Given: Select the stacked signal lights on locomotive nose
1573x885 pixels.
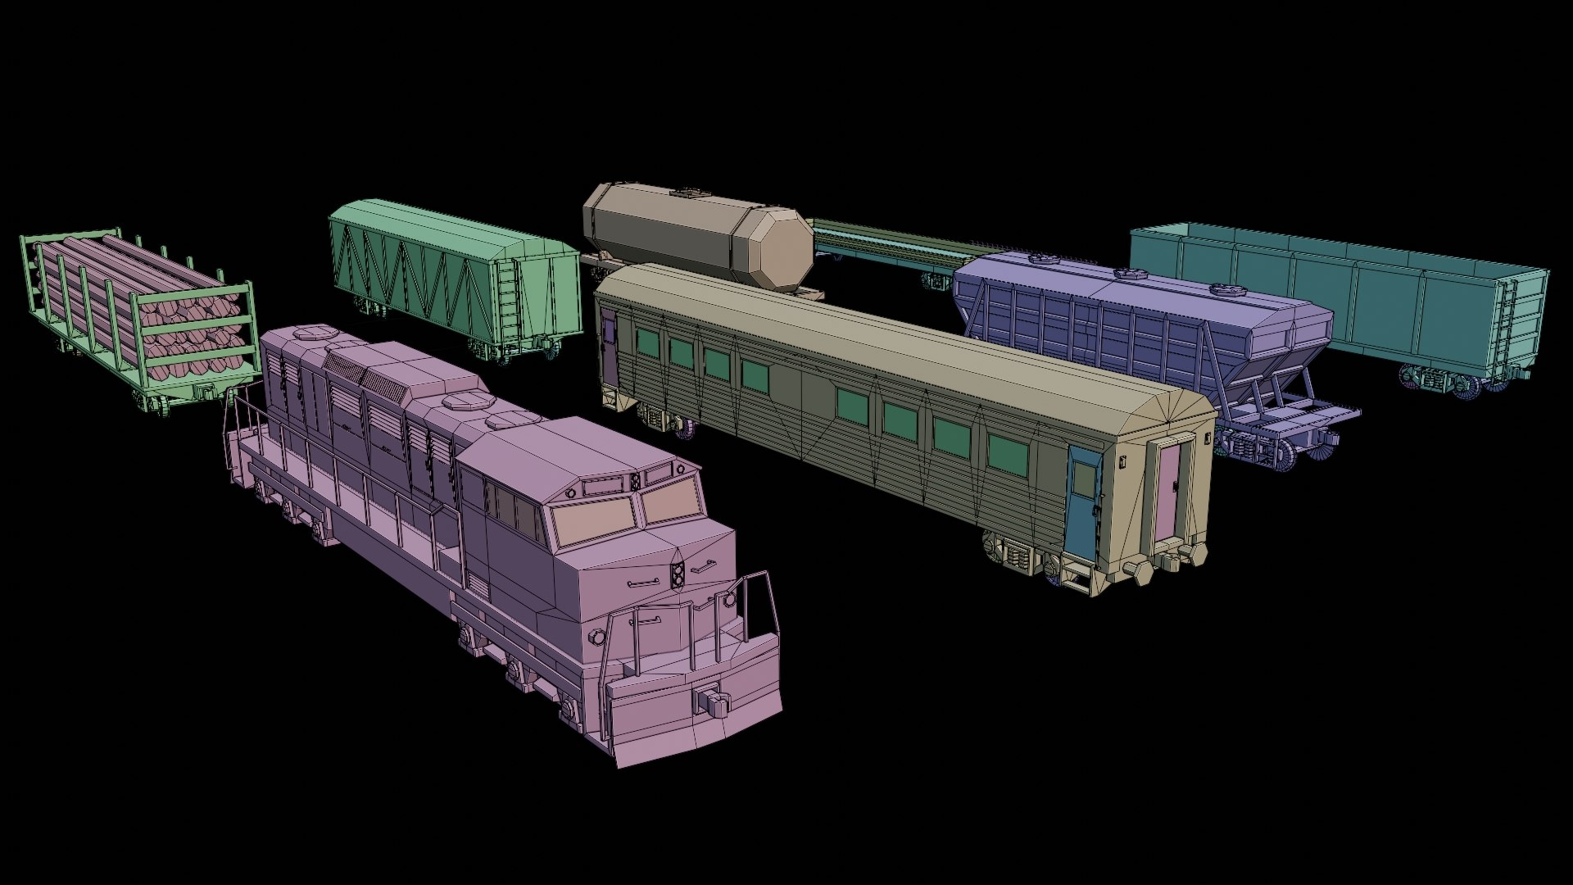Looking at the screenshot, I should point(678,575).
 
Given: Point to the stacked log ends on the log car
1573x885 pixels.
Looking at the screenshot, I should point(193,337).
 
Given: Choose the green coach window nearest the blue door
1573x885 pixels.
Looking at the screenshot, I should point(1007,455).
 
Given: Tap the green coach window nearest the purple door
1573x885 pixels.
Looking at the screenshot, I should point(647,343).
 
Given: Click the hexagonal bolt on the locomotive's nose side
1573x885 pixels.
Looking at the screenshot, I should point(596,637).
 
